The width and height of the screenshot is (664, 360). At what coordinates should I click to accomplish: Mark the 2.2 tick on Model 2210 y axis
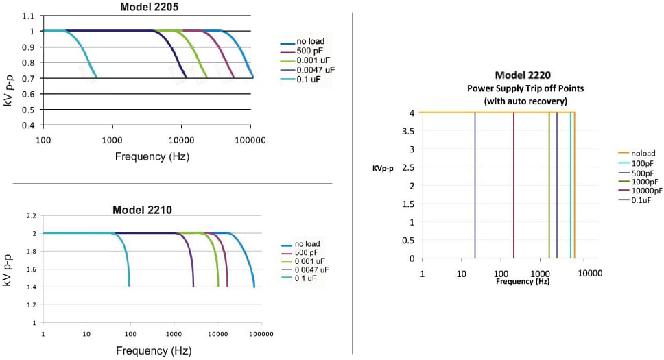pos(32,216)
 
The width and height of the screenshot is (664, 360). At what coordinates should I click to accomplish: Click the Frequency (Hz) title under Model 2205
pos(152,156)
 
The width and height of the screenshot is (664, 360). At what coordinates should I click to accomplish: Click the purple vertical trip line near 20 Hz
pos(475,185)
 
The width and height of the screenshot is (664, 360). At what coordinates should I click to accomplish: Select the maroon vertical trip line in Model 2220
pos(514,185)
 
